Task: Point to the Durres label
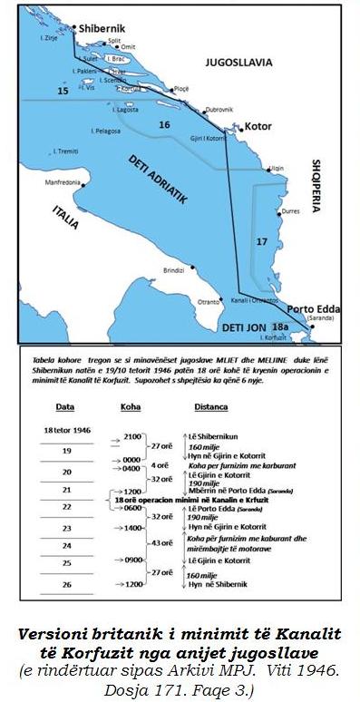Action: coord(290,210)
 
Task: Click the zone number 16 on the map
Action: coord(163,123)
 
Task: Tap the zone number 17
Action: coord(261,241)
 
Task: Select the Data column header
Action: coord(64,406)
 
